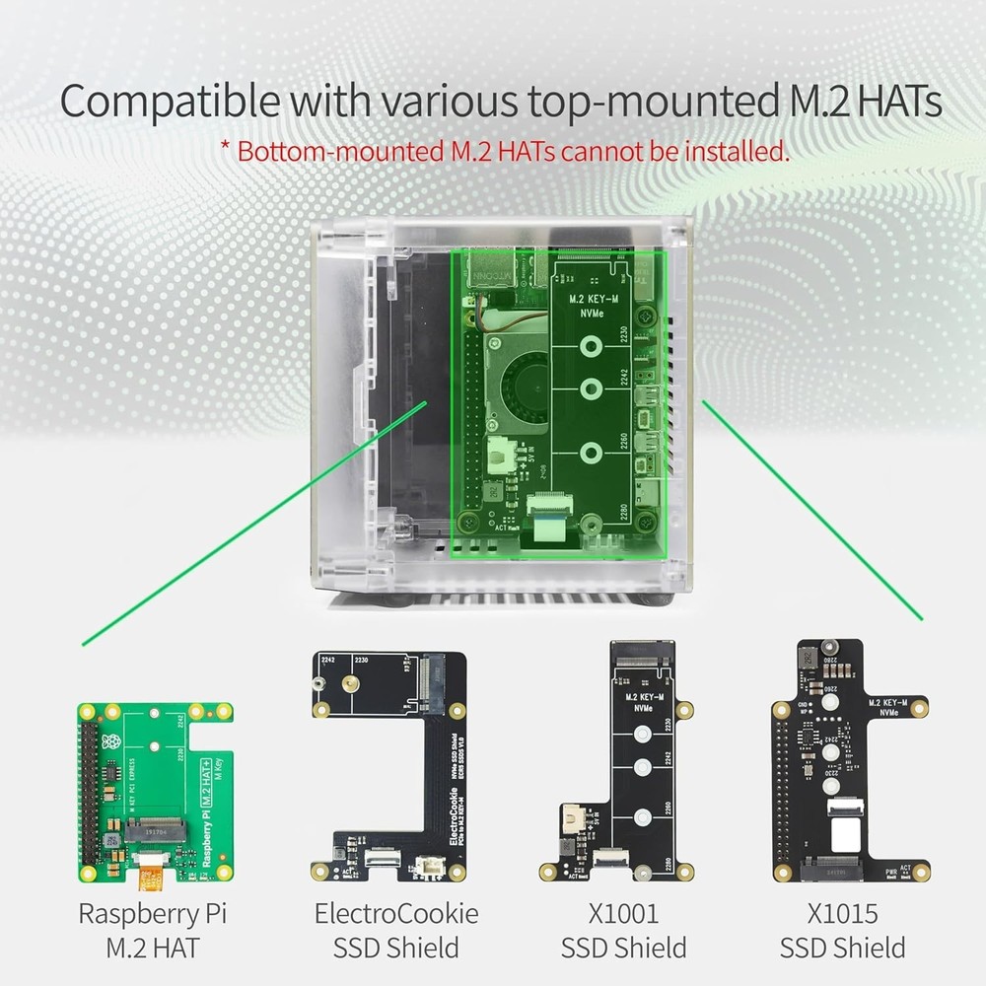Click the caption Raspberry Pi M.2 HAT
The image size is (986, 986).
pyautogui.click(x=152, y=930)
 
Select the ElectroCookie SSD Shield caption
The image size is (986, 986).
pyautogui.click(x=396, y=930)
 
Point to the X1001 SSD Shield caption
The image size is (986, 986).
pyautogui.click(x=623, y=930)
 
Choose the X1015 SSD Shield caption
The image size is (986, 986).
pyautogui.click(x=842, y=930)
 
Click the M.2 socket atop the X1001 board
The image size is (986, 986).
pyautogui.click(x=643, y=653)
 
